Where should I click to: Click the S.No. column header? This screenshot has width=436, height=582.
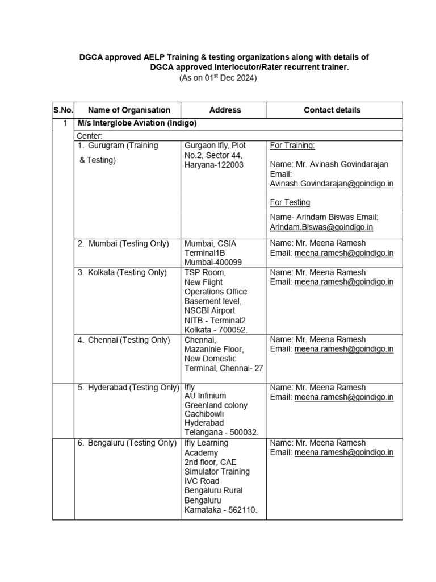click(x=63, y=110)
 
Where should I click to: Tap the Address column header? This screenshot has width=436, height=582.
click(x=225, y=110)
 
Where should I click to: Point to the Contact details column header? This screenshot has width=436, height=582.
click(x=332, y=110)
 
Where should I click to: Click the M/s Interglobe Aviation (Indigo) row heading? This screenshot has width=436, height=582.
click(x=137, y=123)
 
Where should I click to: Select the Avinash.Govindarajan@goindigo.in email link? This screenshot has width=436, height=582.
click(x=332, y=184)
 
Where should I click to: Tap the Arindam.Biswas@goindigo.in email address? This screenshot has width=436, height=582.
click(x=321, y=227)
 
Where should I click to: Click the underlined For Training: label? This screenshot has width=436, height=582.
click(x=292, y=145)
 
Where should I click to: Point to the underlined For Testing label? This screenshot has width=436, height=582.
click(x=290, y=202)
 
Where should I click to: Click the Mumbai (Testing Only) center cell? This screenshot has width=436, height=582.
click(x=124, y=243)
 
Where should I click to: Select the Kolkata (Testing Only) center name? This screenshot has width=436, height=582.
click(x=123, y=272)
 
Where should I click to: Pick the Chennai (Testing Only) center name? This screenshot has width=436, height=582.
click(x=124, y=340)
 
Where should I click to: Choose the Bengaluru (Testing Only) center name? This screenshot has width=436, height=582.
click(x=128, y=443)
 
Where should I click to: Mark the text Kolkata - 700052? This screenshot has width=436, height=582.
click(x=216, y=330)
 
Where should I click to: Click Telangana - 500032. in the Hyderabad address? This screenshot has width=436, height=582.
click(x=221, y=433)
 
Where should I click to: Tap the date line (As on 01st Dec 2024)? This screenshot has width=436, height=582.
click(x=218, y=78)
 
